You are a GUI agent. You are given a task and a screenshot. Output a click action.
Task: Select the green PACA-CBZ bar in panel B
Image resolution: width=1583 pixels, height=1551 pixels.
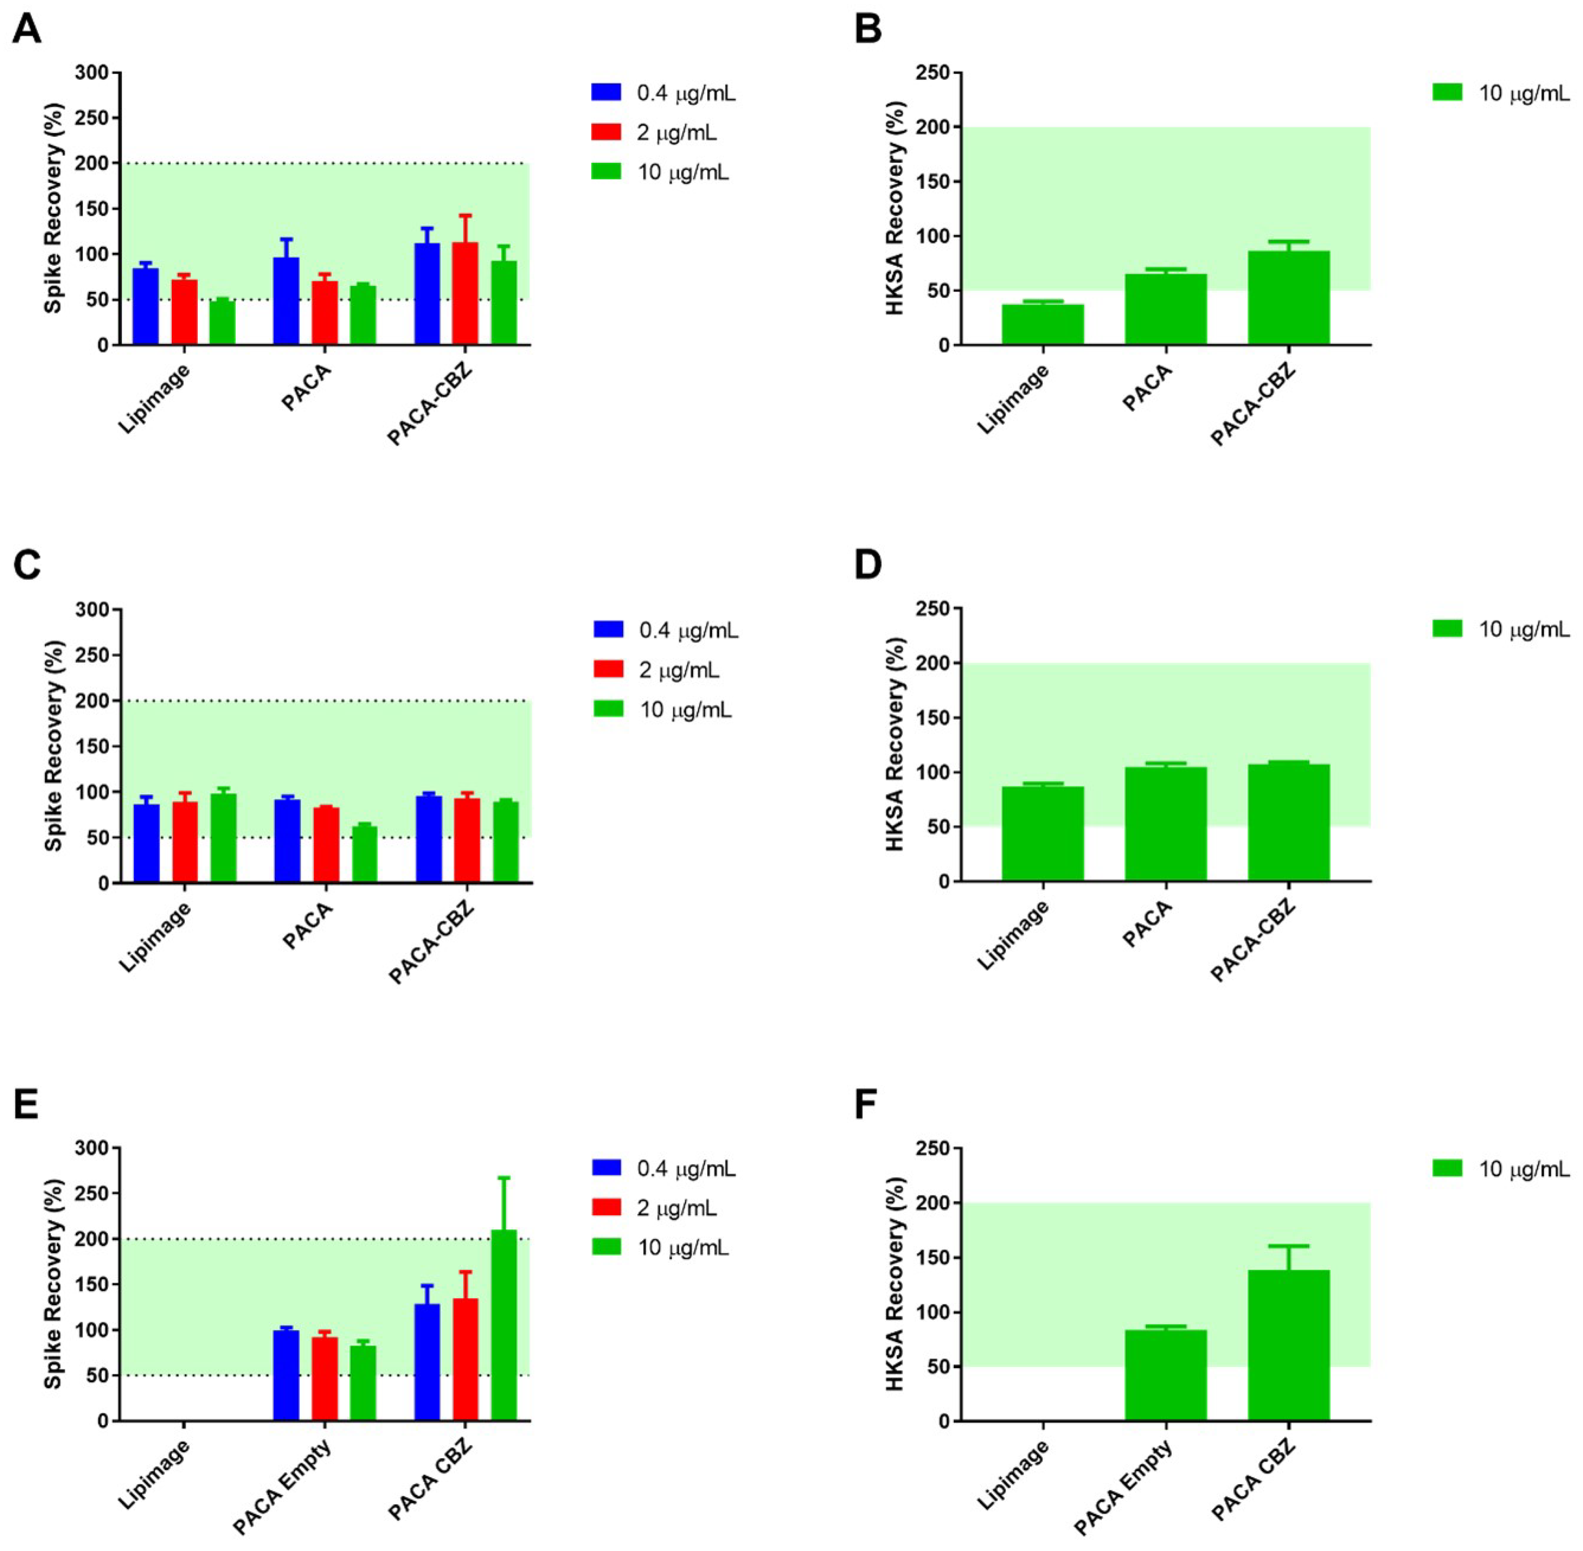(x=1288, y=298)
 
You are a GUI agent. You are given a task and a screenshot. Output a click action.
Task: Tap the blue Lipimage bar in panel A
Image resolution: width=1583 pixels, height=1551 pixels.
(x=145, y=306)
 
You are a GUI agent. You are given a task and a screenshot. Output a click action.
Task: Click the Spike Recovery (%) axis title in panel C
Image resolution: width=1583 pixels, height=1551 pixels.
(x=54, y=745)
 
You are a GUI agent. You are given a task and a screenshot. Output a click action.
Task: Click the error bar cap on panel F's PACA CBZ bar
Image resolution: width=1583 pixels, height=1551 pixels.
(x=1288, y=1246)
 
